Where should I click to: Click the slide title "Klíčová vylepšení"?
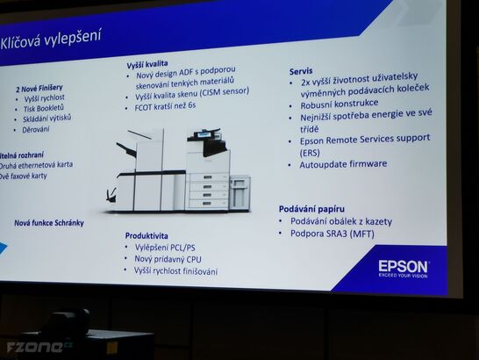tap(50, 38)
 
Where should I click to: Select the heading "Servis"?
tap(302, 70)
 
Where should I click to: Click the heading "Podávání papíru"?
tap(311, 208)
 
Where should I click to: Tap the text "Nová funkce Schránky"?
tap(49, 223)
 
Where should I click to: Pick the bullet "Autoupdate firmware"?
tap(343, 164)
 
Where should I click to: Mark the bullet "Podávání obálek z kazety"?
tap(341, 221)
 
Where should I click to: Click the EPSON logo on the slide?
tap(404, 267)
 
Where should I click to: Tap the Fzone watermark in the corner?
tap(35, 347)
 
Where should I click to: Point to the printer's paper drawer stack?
tap(209, 190)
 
